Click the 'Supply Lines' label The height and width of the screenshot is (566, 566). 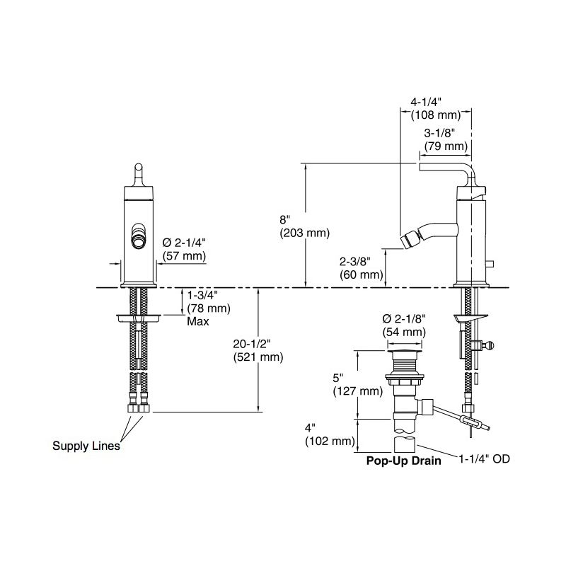(86, 446)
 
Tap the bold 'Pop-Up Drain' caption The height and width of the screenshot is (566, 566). (403, 461)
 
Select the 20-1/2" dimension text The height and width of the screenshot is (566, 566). (252, 344)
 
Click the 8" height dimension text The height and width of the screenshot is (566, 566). (285, 219)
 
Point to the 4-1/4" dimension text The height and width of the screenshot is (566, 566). (427, 102)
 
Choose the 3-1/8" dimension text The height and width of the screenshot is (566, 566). (439, 133)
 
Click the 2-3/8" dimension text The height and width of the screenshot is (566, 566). (355, 261)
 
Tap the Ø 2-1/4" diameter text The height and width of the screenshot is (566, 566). (184, 243)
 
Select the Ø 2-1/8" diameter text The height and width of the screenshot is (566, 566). (404, 318)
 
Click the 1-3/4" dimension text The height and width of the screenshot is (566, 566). (202, 295)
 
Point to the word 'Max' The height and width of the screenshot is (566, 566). (198, 321)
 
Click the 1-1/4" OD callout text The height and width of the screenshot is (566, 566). (484, 458)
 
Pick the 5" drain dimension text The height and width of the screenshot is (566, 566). (338, 378)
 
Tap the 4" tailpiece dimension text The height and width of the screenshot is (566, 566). (310, 428)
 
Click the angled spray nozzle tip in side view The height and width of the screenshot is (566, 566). (408, 241)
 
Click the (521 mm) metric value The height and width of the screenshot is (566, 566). (258, 357)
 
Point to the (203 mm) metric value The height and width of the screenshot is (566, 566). (305, 233)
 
